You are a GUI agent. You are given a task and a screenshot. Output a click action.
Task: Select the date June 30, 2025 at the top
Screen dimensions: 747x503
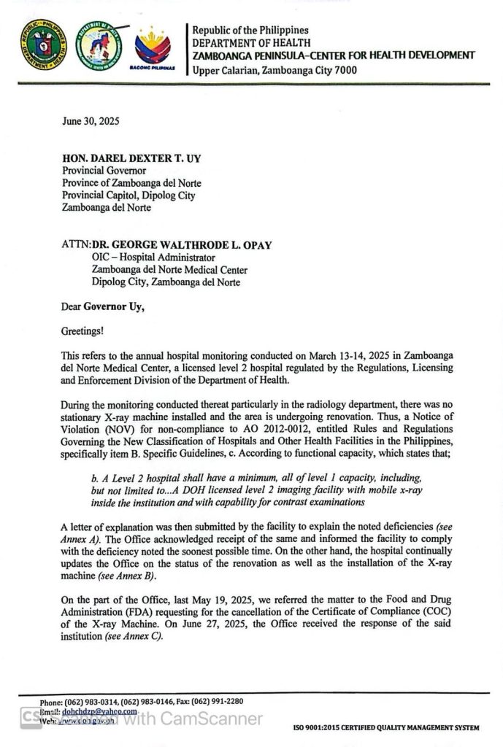91,122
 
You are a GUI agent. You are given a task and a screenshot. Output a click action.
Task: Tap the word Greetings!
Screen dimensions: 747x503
82,331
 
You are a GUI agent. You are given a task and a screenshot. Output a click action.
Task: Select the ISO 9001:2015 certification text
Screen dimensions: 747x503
386,728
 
